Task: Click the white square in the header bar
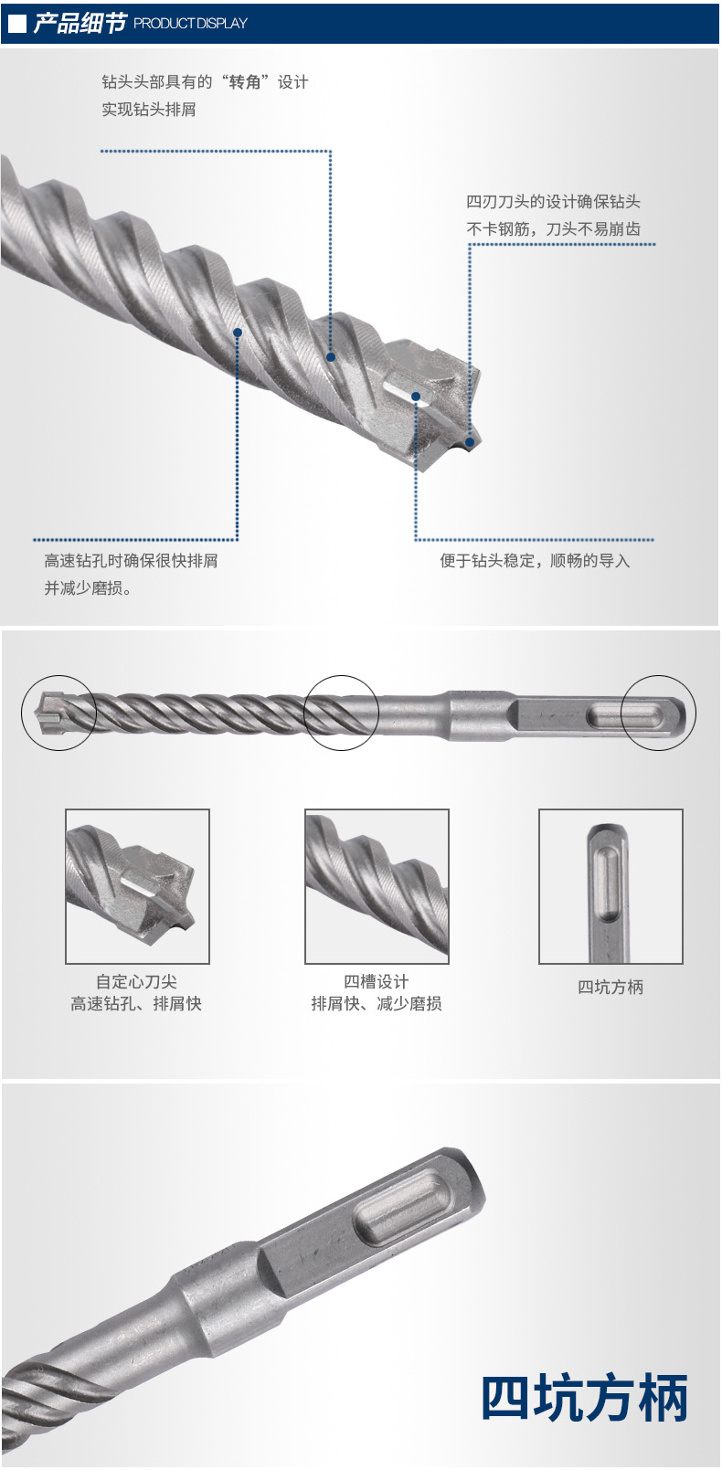[x=17, y=24]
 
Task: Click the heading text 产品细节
[x=80, y=23]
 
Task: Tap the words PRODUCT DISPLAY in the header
[x=190, y=24]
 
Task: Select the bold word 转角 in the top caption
[x=246, y=82]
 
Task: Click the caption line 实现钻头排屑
[x=149, y=109]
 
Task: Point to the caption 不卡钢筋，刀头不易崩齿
[x=553, y=229]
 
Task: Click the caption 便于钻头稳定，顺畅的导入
[x=535, y=561]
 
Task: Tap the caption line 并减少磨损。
[x=88, y=588]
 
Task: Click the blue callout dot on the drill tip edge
[x=470, y=442]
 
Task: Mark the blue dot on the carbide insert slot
[x=416, y=397]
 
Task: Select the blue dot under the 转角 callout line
[x=331, y=357]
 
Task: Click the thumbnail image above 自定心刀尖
[x=137, y=886]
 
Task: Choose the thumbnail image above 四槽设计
[x=377, y=886]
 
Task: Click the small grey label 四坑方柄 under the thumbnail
[x=611, y=987]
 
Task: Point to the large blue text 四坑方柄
[x=585, y=1397]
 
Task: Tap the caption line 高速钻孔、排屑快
[x=136, y=1003]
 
